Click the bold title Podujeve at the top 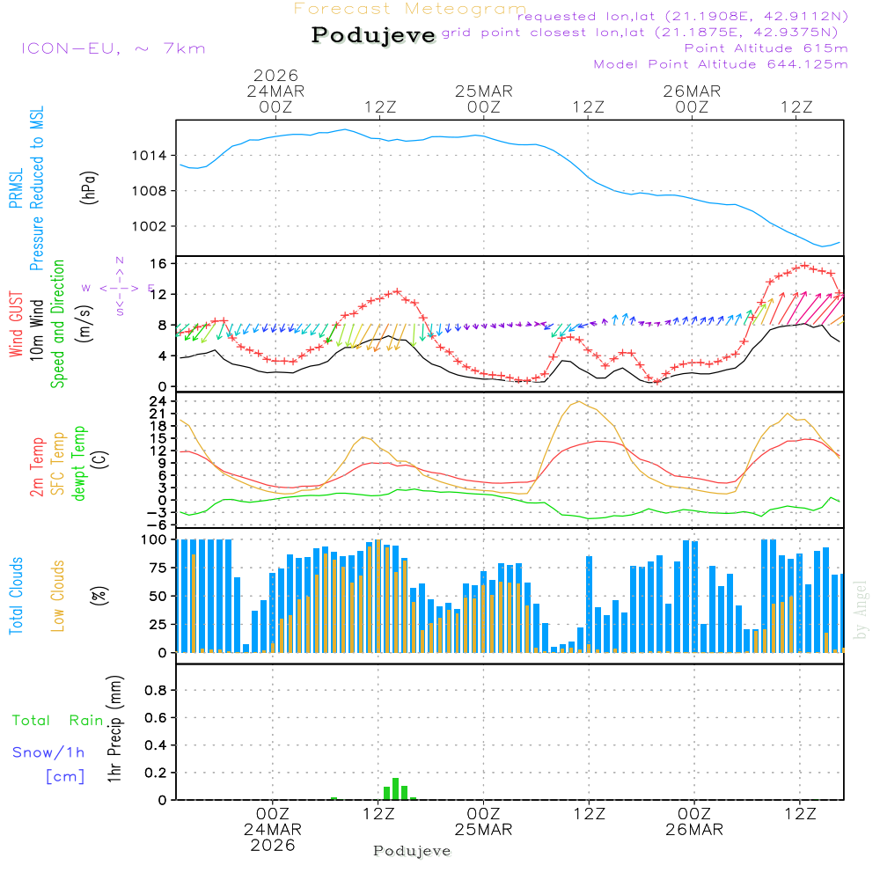click(373, 35)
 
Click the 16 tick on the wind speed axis click(159, 264)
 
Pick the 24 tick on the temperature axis click(159, 401)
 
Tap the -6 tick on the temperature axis click(159, 524)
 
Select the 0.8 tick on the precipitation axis click(156, 691)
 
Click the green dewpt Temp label click(80, 463)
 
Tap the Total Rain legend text click(57, 721)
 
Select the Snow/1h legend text click(48, 752)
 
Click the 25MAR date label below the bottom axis click(483, 829)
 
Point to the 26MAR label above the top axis click(692, 92)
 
